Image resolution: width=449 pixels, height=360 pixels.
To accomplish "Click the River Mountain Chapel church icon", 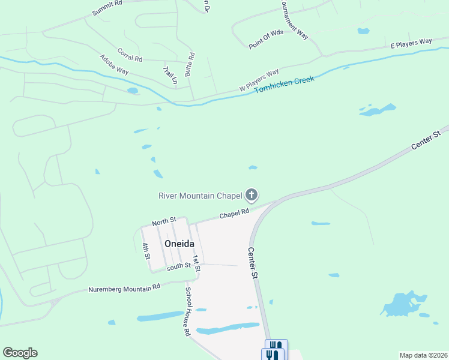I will [252, 194].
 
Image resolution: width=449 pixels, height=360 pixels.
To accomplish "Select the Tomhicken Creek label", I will [285, 85].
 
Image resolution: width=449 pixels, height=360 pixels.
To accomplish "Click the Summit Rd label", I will [107, 8].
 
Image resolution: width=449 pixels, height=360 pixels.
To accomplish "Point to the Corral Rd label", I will [130, 55].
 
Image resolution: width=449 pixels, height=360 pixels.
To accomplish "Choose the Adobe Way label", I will [114, 64].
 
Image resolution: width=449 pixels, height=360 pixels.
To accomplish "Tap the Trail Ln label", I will [170, 75].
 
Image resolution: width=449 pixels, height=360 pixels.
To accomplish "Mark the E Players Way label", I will [411, 42].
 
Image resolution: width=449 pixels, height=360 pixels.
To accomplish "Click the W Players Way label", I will [259, 80].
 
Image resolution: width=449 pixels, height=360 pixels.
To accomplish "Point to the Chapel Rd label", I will [234, 214].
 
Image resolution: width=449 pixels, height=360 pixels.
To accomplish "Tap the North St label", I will [164, 222].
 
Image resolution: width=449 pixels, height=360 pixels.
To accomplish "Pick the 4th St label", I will [146, 251].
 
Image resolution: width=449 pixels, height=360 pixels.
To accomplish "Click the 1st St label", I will [196, 263].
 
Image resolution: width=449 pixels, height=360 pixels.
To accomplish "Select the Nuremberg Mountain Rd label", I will [124, 288].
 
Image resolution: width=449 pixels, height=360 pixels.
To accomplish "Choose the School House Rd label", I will [188, 311].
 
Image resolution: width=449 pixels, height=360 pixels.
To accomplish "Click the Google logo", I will [20, 353].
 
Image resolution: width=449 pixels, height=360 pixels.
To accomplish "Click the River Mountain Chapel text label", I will [200, 195].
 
